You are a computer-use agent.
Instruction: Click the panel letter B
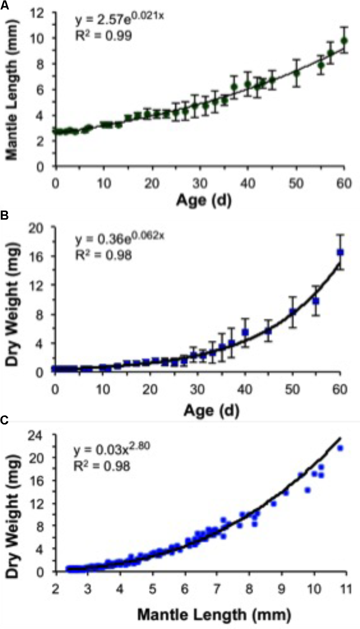[x=4, y=215]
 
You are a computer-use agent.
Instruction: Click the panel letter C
[x=4, y=420]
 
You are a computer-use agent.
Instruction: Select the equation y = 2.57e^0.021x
[x=119, y=19]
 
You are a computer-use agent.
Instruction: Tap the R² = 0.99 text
[x=103, y=36]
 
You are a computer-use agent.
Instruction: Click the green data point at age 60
[x=344, y=41]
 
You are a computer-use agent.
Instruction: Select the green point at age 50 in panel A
[x=297, y=73]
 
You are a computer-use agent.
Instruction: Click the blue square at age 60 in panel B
[x=340, y=253]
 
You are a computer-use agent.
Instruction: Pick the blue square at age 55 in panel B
[x=316, y=301]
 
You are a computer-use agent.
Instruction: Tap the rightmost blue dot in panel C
[x=340, y=448]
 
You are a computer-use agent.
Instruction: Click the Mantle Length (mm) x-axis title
[x=214, y=614]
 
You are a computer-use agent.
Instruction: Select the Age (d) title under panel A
[x=203, y=200]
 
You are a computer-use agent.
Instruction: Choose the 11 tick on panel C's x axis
[x=345, y=590]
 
